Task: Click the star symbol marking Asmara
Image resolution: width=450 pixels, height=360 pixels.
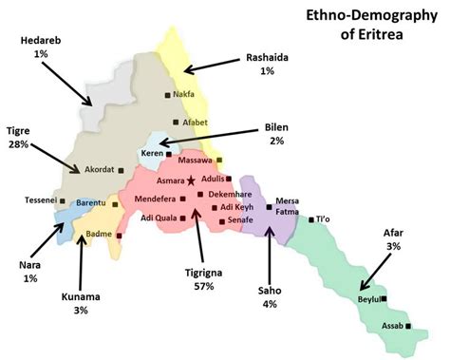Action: tap(191, 180)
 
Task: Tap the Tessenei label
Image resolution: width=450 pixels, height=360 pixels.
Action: tap(40, 200)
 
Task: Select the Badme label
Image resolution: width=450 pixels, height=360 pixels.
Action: tap(99, 233)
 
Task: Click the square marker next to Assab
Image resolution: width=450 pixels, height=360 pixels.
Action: tap(409, 326)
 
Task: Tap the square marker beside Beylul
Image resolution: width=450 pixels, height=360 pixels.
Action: tap(384, 298)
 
